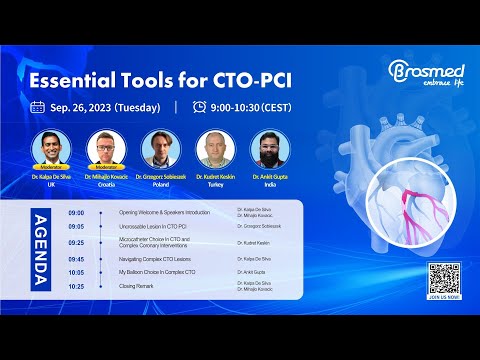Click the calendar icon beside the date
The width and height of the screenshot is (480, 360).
click(38, 107)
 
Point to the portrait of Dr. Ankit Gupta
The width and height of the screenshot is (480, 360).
click(268, 147)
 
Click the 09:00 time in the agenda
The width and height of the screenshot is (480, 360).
click(76, 213)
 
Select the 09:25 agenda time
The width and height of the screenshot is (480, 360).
click(76, 243)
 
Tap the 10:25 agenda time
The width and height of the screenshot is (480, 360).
click(76, 286)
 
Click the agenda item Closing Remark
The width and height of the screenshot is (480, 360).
click(139, 286)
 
